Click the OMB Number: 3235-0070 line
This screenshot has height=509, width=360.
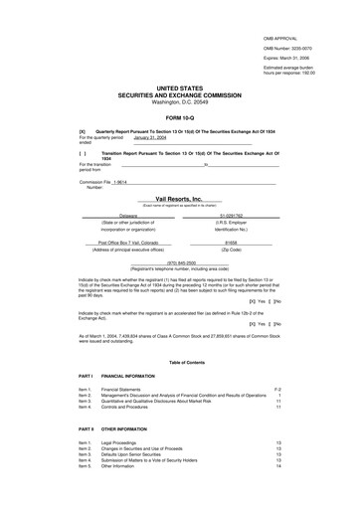pos(295,47)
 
